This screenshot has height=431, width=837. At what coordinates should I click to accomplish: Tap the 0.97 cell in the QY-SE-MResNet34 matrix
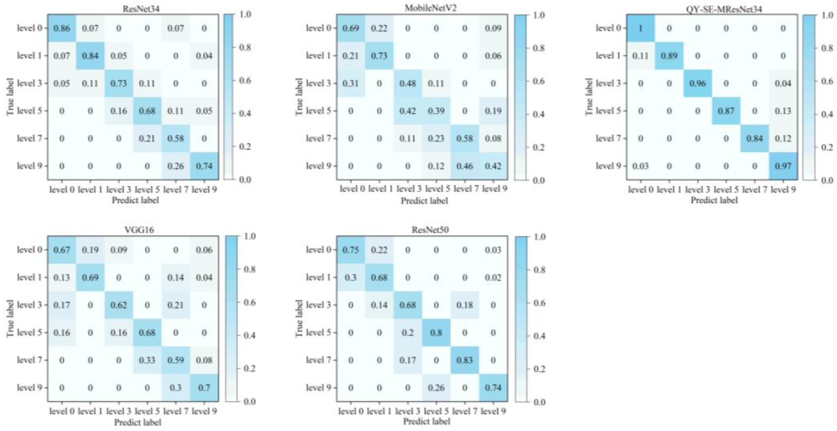pos(783,166)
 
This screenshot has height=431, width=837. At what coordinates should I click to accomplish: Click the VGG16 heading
pos(139,230)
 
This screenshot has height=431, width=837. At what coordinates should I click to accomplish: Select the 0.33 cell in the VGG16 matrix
pos(147,360)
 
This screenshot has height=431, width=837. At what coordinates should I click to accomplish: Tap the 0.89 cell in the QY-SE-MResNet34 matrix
pos(669,56)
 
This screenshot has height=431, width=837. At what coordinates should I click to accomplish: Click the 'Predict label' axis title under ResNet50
pos(426,422)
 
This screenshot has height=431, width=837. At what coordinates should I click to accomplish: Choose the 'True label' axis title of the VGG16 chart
pos(10,318)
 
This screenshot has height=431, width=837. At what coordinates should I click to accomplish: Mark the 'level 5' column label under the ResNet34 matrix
pos(147,189)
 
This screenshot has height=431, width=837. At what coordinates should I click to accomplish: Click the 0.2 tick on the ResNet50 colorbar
pos(539,369)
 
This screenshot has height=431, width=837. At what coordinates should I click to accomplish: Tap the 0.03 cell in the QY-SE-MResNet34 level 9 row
pos(640,166)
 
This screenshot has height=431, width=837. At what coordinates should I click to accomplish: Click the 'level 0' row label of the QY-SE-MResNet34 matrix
pos(607,28)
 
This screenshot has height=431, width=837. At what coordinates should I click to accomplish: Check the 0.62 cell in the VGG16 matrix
pos(119,305)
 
